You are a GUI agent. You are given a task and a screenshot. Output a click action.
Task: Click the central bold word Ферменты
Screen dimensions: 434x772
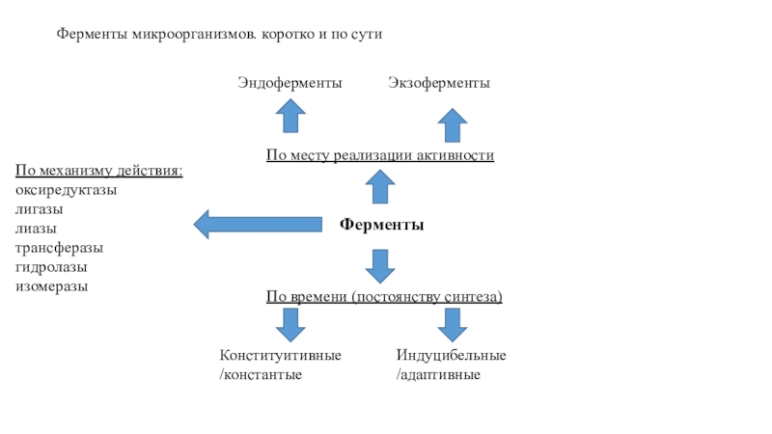click(381, 225)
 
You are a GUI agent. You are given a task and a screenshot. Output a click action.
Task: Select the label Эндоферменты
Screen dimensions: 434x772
click(289, 84)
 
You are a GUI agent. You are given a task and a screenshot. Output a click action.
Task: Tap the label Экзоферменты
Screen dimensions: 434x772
click(439, 84)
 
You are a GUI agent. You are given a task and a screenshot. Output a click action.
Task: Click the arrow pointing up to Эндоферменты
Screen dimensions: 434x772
click(290, 118)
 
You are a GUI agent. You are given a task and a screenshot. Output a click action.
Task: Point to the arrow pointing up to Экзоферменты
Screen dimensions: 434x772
click(452, 125)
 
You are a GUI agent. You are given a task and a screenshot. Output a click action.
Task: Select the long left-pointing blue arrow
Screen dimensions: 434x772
click(258, 225)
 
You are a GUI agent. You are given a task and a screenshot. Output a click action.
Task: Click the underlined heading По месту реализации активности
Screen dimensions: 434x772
click(380, 155)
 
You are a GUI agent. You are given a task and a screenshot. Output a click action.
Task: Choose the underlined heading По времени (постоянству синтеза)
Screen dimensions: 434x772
click(384, 296)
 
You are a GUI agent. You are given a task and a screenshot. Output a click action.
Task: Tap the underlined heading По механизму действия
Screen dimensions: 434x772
click(98, 172)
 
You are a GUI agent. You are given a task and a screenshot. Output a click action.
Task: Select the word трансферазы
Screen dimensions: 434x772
click(59, 248)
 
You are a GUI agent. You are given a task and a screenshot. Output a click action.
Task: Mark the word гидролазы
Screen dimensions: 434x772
click(50, 267)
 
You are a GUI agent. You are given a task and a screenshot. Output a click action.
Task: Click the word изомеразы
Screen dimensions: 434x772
click(51, 286)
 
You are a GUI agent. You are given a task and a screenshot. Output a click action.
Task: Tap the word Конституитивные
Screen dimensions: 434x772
click(280, 355)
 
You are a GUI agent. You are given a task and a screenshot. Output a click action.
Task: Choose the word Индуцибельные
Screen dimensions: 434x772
click(451, 355)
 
